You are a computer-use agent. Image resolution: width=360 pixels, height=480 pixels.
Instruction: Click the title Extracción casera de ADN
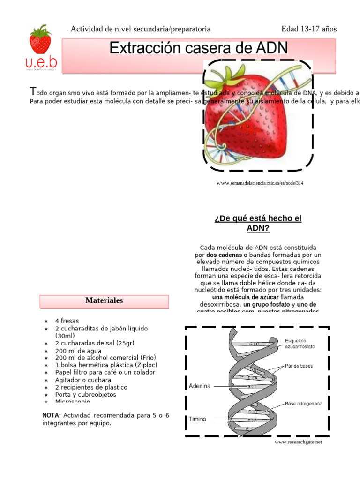pos(199,48)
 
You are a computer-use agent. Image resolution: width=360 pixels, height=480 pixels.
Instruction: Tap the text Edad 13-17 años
pos(309,29)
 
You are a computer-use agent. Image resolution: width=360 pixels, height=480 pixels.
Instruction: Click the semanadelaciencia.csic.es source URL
pos(260,183)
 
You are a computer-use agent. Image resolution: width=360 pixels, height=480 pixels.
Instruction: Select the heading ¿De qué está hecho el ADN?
pos(258,223)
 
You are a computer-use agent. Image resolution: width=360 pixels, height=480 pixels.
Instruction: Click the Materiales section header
pos(104,300)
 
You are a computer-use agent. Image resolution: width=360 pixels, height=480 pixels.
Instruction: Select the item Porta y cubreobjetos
pos(85,394)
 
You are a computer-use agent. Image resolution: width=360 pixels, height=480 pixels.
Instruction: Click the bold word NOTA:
pos(52,415)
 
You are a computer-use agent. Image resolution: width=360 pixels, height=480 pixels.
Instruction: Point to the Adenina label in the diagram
pos(200,386)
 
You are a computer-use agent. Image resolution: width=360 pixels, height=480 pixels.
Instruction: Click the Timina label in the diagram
pos(197,419)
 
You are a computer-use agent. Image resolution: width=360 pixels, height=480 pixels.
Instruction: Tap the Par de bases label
pos(299,366)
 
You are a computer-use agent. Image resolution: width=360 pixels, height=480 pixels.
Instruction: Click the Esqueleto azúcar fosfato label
pos(300,343)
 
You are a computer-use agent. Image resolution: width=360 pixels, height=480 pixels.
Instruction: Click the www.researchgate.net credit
pos(298,442)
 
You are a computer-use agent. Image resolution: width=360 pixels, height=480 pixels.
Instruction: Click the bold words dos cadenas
pos(221,255)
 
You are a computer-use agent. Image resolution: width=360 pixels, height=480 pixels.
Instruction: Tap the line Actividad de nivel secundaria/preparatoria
pos(140,29)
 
